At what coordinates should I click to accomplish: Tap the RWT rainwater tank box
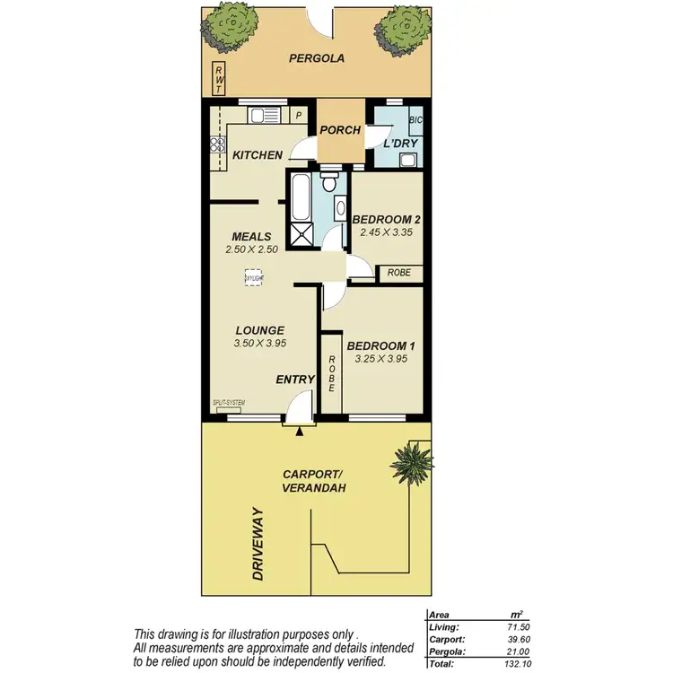pyautogui.click(x=219, y=79)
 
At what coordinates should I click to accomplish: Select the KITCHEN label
pyautogui.click(x=258, y=155)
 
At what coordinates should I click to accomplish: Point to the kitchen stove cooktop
pyautogui.click(x=216, y=144)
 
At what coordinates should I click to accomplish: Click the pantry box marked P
pyautogui.click(x=300, y=115)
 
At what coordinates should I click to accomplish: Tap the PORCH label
pyautogui.click(x=340, y=131)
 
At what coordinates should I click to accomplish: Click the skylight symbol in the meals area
pyautogui.click(x=255, y=279)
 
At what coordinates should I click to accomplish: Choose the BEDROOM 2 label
pyautogui.click(x=386, y=220)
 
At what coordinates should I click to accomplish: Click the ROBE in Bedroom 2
pyautogui.click(x=399, y=273)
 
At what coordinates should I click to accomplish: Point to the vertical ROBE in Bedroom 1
pyautogui.click(x=331, y=372)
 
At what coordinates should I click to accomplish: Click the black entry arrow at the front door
pyautogui.click(x=299, y=433)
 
